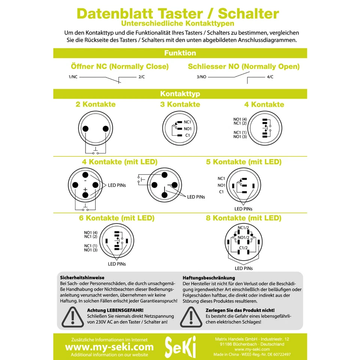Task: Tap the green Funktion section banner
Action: click(x=180, y=53)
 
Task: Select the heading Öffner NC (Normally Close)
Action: click(x=120, y=67)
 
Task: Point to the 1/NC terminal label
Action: click(x=73, y=77)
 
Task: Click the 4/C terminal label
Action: click(x=270, y=77)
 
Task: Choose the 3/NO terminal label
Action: click(x=201, y=77)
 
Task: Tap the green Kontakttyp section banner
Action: click(x=180, y=94)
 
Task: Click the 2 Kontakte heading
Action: click(x=96, y=104)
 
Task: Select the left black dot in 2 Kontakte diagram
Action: click(x=85, y=129)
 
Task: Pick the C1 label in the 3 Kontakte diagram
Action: click(x=188, y=135)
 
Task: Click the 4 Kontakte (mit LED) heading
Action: click(x=120, y=162)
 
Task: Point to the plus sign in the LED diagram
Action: click(x=85, y=190)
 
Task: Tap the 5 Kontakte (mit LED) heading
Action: click(x=244, y=162)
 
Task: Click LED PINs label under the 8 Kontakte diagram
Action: click(x=244, y=268)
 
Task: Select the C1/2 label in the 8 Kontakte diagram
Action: click(x=244, y=248)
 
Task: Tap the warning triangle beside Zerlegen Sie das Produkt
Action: click(x=192, y=317)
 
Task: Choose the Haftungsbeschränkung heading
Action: click(x=208, y=278)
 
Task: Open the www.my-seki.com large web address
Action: click(x=109, y=347)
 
